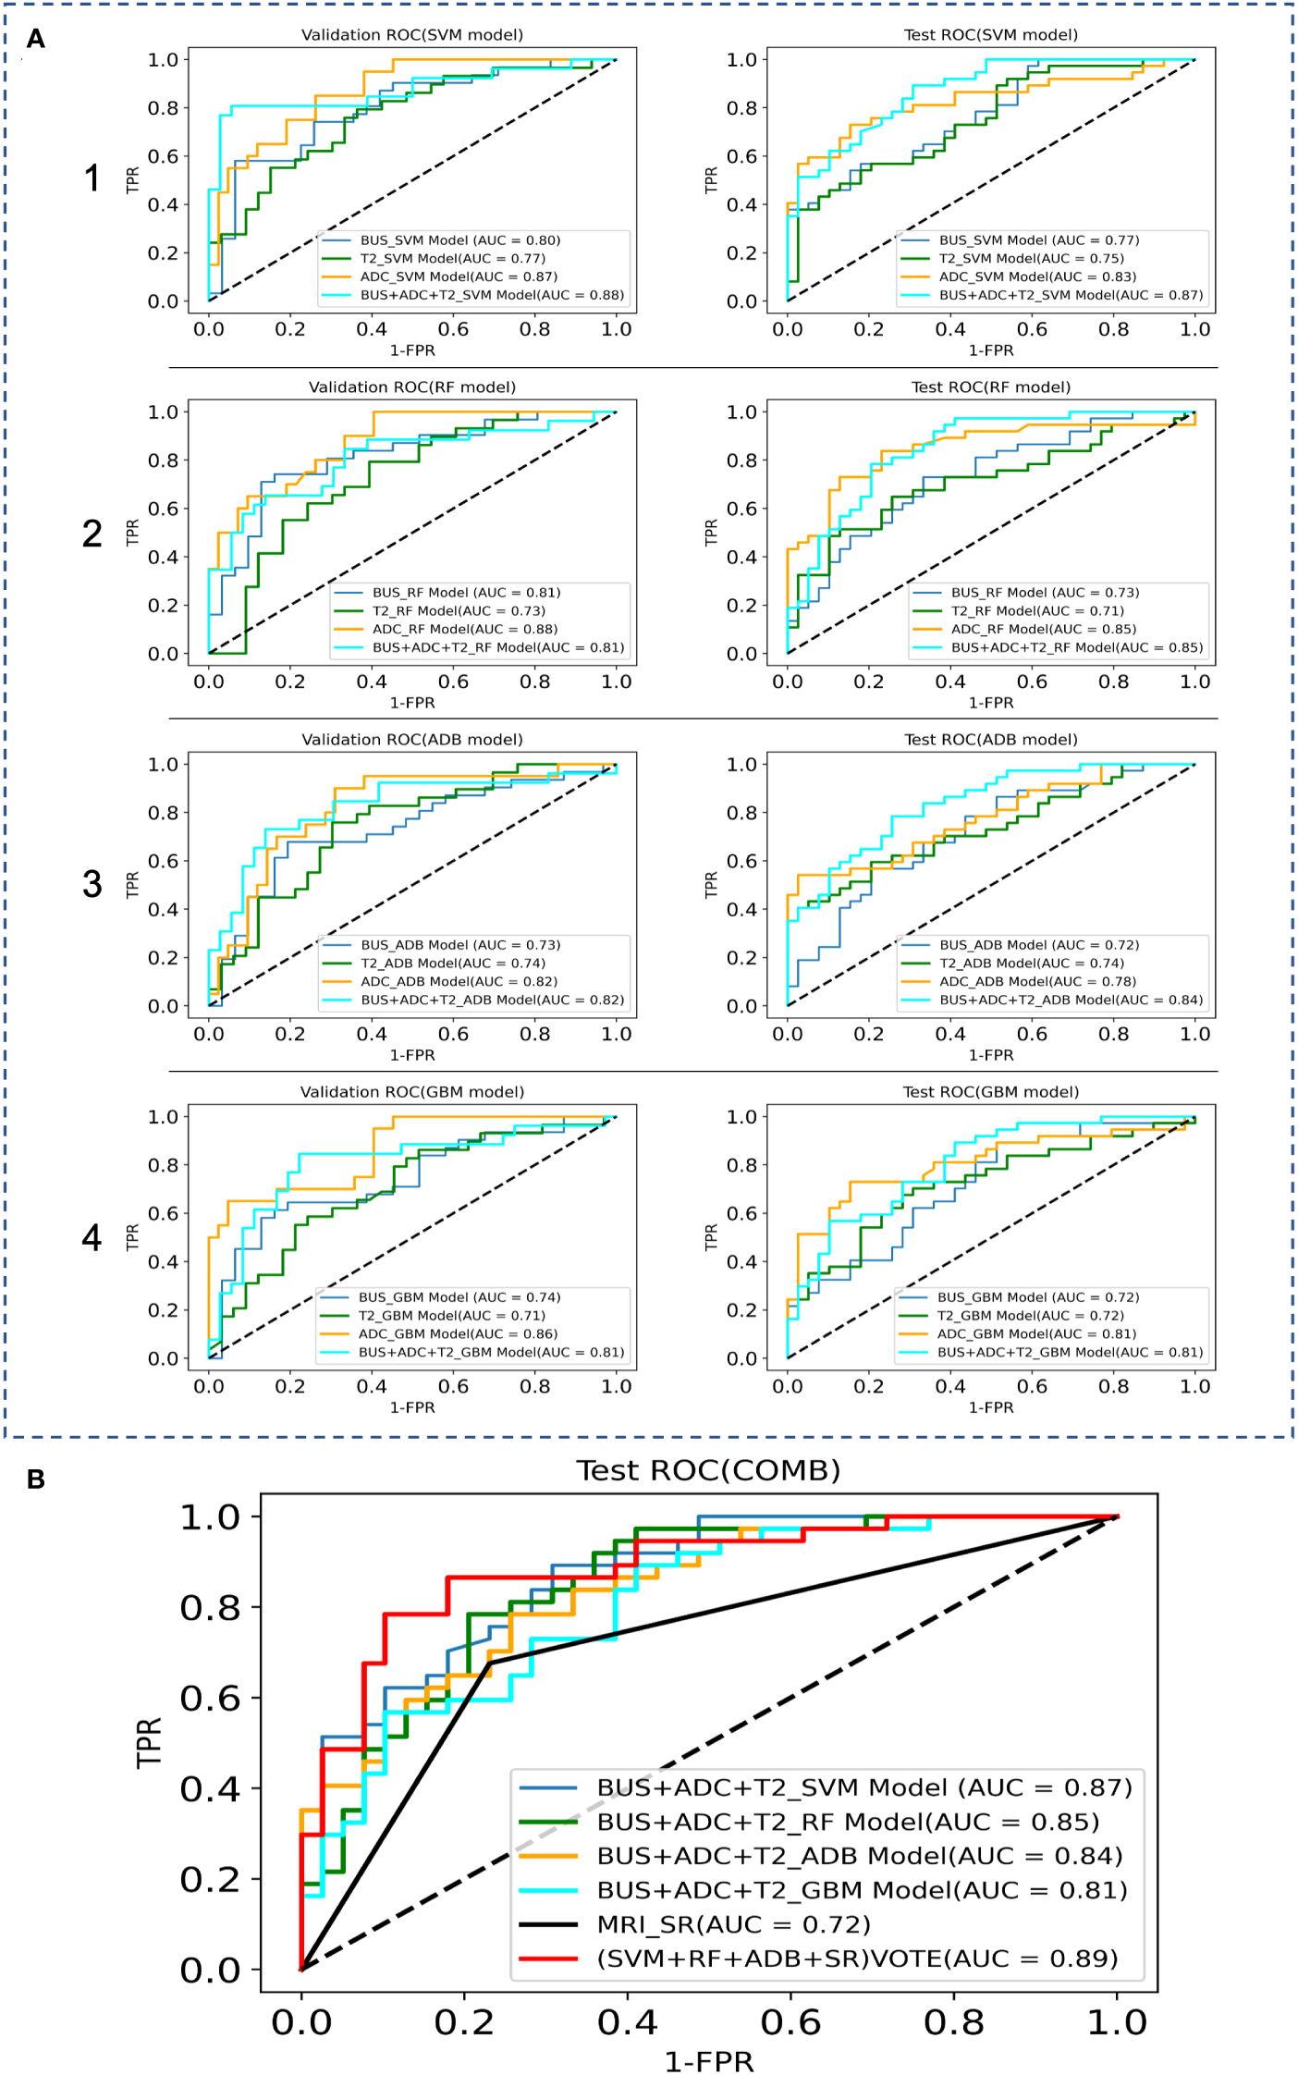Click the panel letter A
pos(36,39)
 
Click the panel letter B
pos(36,1480)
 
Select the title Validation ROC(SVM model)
pos(412,35)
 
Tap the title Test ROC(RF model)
pos(991,387)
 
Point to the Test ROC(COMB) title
pos(708,1471)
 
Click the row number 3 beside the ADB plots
pos(92,884)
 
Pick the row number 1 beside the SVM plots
pos(92,178)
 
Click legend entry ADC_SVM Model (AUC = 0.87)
pos(459,276)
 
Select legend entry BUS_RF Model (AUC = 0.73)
pos(1045,593)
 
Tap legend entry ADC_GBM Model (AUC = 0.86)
pos(458,1334)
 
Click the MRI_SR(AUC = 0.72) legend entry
pos(733,1924)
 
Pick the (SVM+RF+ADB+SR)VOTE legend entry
pos(857,1958)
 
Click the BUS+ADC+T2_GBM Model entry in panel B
pos(862,1890)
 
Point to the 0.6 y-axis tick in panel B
pos(210,1699)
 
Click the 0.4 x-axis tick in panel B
pos(628,2022)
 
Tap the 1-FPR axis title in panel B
pos(709,2061)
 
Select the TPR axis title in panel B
pos(149,1742)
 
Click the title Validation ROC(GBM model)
pos(412,1092)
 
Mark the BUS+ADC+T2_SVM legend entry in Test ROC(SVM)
pos(1071,295)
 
